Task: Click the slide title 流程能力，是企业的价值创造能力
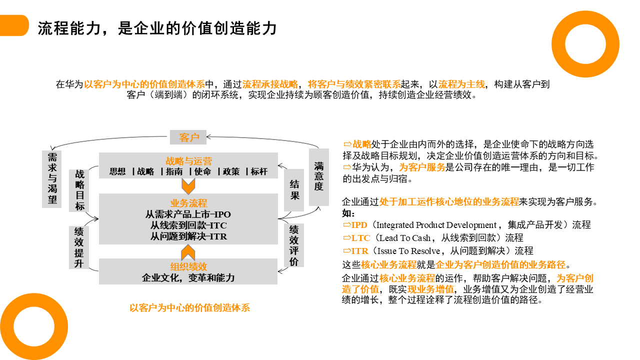tap(157, 27)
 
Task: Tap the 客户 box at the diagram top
tap(188, 137)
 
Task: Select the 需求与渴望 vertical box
tap(52, 179)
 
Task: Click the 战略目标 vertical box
tap(79, 190)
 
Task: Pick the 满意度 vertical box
tap(318, 176)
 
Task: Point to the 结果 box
tap(294, 190)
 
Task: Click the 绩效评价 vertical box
tap(294, 245)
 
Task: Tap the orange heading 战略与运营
tap(188, 161)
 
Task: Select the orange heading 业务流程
tap(188, 203)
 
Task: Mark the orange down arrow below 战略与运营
tap(188, 186)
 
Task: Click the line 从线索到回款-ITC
tap(188, 225)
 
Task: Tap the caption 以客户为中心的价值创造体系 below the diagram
tap(189, 308)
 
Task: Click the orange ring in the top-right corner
tap(585, 44)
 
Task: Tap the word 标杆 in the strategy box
tap(259, 171)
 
